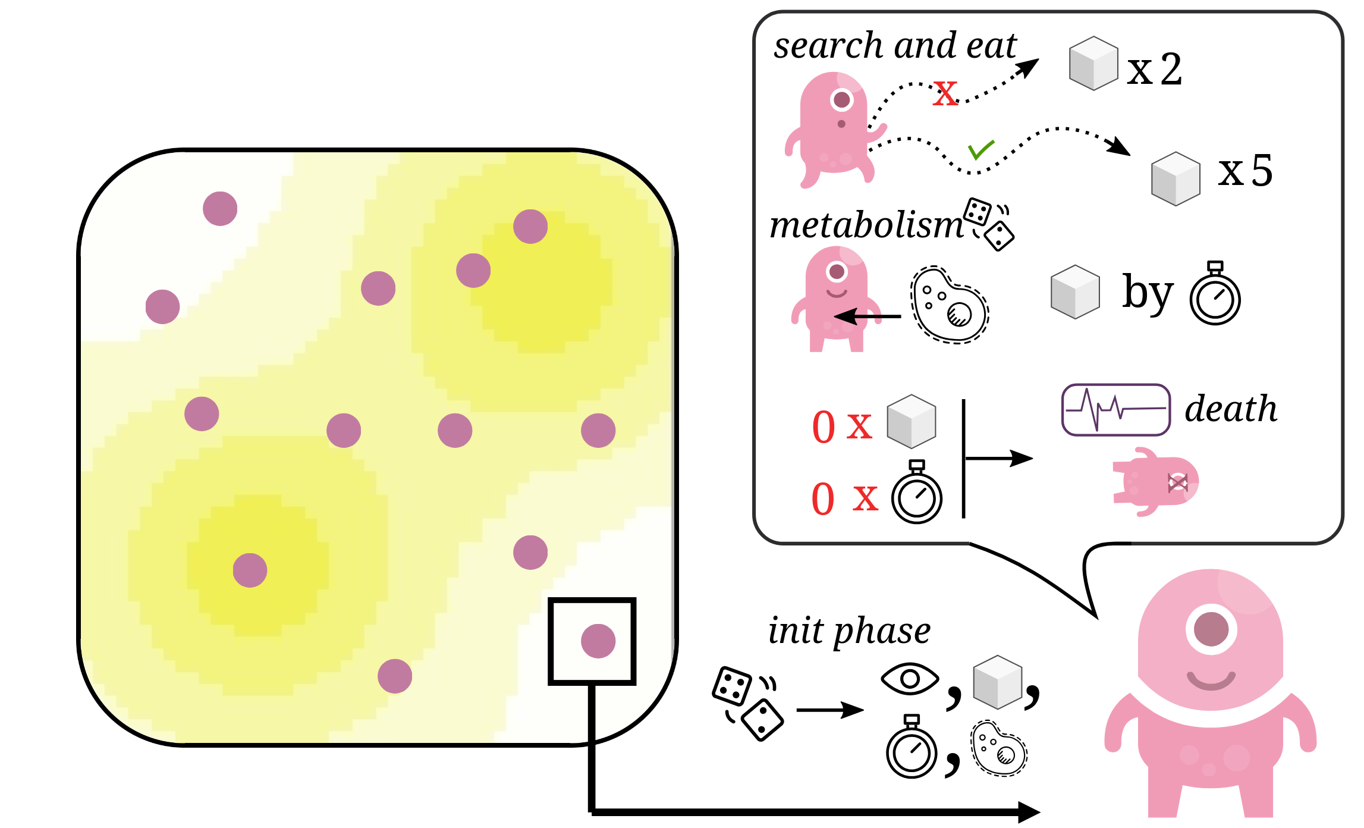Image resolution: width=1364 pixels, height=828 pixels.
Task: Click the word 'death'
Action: (1231, 409)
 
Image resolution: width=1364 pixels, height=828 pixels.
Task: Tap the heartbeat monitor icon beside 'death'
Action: (1116, 410)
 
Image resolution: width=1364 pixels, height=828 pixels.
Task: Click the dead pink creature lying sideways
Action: (1155, 482)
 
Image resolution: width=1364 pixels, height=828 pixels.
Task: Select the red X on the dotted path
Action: (945, 93)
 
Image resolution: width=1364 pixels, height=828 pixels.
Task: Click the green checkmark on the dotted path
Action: (980, 150)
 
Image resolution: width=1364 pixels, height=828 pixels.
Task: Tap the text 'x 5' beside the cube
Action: (1245, 171)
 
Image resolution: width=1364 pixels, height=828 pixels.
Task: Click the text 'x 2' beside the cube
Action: (1155, 70)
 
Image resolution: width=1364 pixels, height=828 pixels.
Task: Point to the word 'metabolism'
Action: (866, 226)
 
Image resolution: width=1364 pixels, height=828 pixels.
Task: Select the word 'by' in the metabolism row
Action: (1148, 293)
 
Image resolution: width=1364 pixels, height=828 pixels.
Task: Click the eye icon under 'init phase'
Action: (910, 679)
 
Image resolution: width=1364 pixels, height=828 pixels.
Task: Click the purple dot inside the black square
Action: (598, 641)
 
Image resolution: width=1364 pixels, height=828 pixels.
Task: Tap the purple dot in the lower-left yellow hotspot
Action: (250, 570)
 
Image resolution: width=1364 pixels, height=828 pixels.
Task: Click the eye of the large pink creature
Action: (1211, 629)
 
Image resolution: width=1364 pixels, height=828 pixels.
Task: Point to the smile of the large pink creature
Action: (1211, 682)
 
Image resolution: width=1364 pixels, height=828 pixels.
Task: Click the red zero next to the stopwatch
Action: (824, 499)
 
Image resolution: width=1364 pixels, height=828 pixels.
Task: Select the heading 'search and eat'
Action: (895, 46)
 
